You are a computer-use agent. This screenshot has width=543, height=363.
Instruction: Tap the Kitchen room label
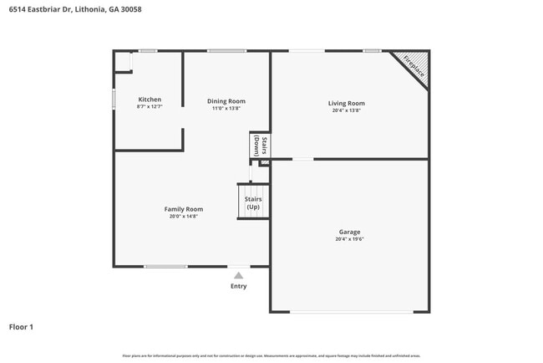(150, 100)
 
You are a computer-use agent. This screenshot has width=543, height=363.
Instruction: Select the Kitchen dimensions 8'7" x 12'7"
(150, 106)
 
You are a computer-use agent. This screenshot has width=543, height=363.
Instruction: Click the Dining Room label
(226, 101)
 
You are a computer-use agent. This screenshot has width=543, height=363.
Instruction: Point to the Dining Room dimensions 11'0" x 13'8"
(226, 108)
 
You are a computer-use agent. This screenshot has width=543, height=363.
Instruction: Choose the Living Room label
(346, 103)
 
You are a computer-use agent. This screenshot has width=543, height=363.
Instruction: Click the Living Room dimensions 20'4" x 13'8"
(346, 110)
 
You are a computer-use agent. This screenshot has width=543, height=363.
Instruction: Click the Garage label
(349, 232)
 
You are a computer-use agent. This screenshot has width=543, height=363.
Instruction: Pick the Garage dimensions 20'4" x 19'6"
(349, 238)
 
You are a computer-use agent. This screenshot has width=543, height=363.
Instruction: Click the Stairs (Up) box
(253, 202)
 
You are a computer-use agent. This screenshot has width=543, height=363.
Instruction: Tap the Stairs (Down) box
(259, 146)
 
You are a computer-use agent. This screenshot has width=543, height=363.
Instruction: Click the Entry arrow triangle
(239, 274)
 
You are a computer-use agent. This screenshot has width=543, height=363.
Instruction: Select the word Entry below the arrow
(239, 286)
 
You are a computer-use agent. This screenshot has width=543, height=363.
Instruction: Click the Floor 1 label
(21, 326)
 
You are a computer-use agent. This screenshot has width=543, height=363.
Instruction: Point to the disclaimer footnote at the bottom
(271, 355)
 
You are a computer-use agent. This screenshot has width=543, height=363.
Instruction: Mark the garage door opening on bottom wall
(351, 312)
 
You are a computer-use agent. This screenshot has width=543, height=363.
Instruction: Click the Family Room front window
(165, 266)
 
